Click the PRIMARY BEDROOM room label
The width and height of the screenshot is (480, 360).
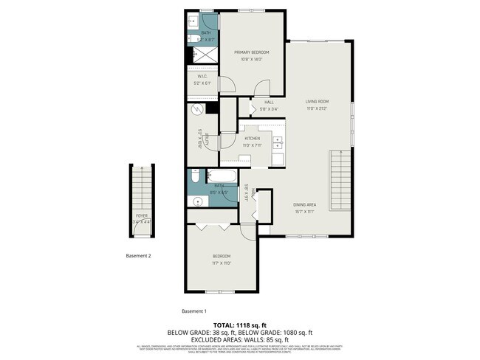point(252,52)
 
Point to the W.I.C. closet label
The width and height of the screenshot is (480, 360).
point(202,77)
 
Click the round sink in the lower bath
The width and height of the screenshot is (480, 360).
point(198,200)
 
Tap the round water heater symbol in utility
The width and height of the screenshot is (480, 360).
point(197,110)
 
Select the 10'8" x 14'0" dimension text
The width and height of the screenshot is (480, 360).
point(252,59)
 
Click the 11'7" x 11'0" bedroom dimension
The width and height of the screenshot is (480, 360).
point(222,263)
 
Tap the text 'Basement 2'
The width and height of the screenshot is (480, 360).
point(139,256)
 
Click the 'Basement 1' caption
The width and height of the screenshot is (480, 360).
point(194,311)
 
